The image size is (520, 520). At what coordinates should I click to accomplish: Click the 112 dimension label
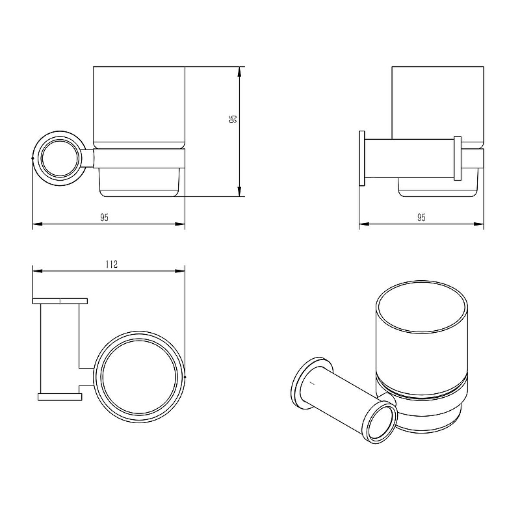pos(112,265)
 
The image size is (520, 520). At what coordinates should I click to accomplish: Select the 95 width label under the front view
pos(104,218)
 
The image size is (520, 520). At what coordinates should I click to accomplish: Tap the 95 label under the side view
pos(421,218)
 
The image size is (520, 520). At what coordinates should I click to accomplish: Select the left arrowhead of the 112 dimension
pos(38,271)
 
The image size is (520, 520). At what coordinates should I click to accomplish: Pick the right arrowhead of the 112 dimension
pos(180,271)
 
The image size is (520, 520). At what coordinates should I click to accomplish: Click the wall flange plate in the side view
pos(362,159)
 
